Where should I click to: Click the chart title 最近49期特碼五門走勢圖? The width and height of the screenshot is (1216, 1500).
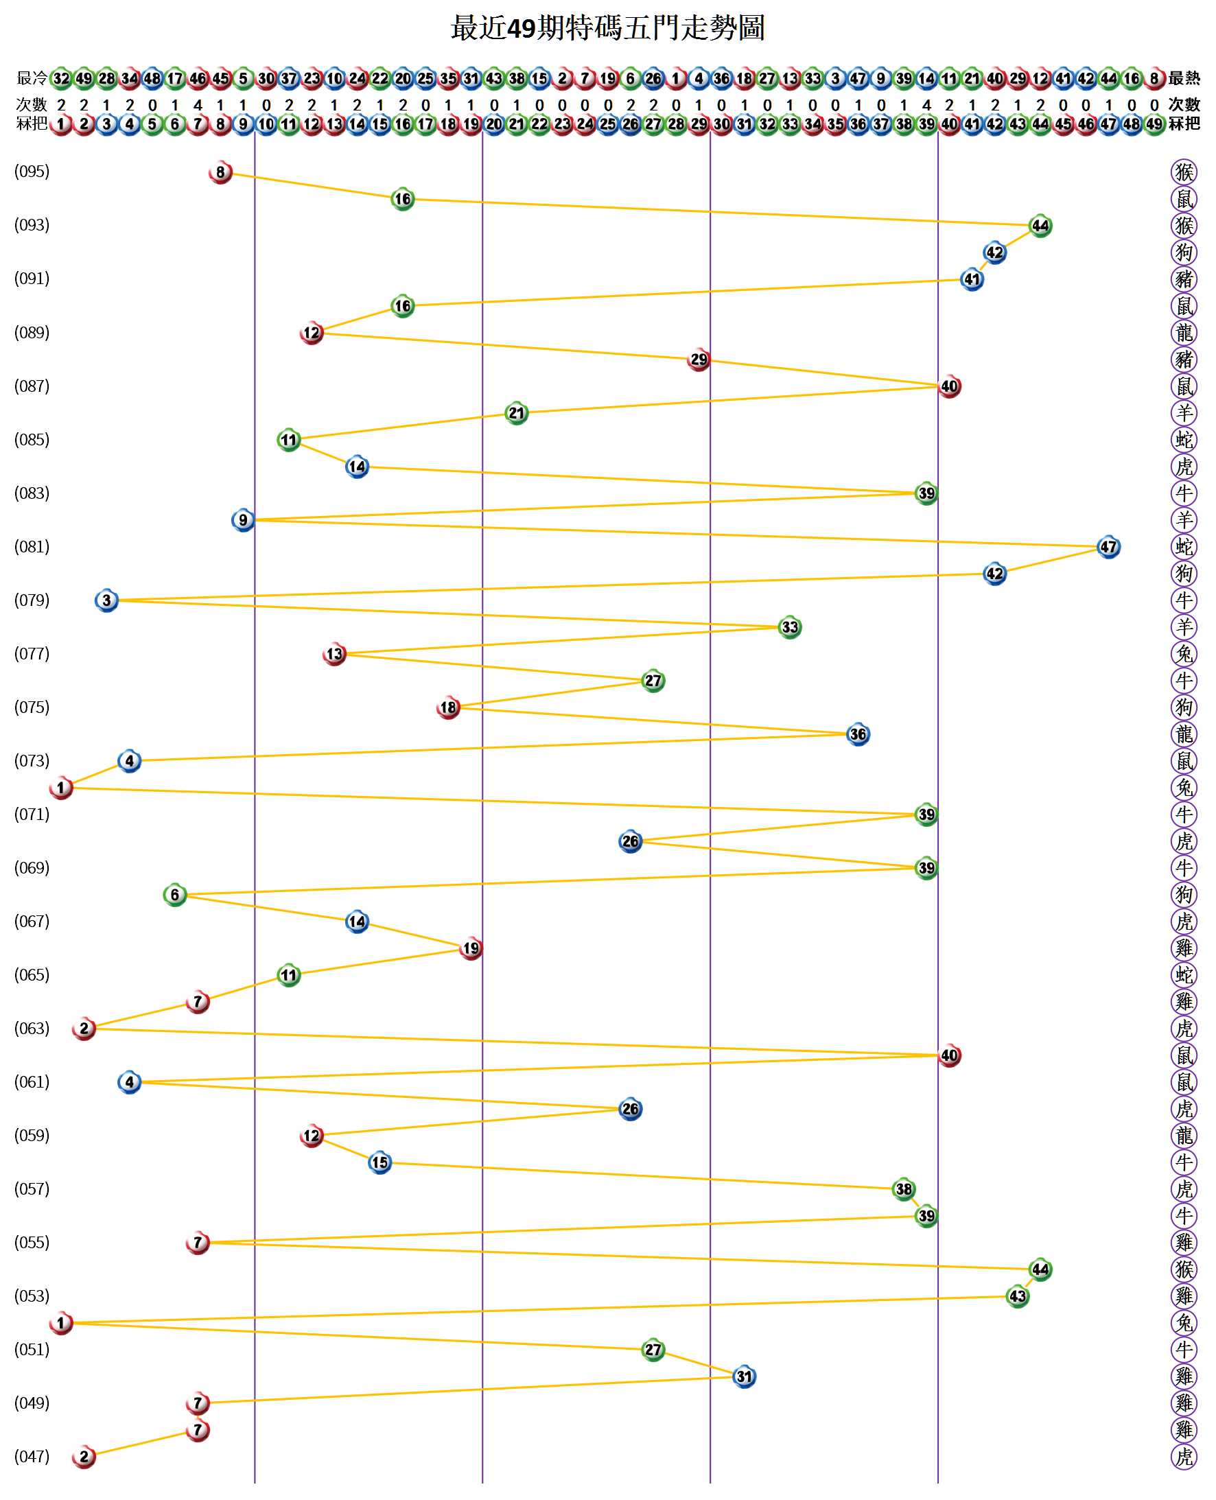click(607, 29)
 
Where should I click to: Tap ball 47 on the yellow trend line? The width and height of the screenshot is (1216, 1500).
click(1108, 547)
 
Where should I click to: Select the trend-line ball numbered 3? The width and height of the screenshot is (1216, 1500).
click(106, 600)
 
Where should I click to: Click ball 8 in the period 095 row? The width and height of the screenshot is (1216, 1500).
click(221, 172)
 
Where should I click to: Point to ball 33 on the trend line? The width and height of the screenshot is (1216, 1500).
click(789, 626)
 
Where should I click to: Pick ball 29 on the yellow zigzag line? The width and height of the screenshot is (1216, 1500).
click(699, 360)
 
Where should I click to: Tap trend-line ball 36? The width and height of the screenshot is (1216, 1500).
click(857, 734)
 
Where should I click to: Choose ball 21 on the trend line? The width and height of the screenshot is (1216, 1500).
click(516, 413)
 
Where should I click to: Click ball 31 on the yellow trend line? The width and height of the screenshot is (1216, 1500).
click(744, 1376)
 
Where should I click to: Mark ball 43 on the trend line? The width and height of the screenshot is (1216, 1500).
click(1017, 1296)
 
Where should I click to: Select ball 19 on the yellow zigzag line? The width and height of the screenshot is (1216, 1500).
click(471, 948)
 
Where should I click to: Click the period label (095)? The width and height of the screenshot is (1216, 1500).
click(32, 172)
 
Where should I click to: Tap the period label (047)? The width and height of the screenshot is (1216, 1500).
click(32, 1456)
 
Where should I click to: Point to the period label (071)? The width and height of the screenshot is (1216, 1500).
click(32, 814)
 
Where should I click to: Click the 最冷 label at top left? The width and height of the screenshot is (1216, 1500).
click(32, 78)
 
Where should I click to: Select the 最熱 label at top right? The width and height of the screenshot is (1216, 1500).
click(1184, 78)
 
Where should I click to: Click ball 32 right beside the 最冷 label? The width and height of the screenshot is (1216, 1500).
click(62, 78)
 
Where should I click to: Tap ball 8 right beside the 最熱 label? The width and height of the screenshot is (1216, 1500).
click(1154, 78)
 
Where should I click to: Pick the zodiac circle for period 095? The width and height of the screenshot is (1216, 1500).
click(1184, 172)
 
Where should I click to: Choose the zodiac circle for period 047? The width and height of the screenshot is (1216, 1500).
click(1184, 1457)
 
